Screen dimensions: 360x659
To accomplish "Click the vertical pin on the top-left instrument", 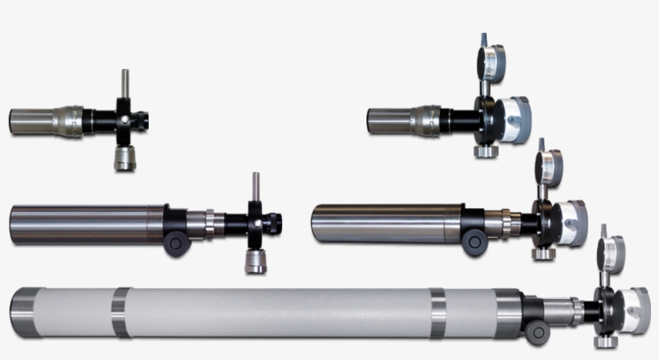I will [x=125, y=83].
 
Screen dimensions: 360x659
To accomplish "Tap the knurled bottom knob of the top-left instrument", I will [x=125, y=157].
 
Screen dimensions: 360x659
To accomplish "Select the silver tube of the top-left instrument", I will [x=32, y=121].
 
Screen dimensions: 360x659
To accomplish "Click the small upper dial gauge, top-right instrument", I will [x=491, y=59].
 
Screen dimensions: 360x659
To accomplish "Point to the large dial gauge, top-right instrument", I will [x=512, y=118].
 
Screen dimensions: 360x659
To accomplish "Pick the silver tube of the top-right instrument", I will [x=390, y=121].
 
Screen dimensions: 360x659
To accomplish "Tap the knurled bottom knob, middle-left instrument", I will [x=256, y=261].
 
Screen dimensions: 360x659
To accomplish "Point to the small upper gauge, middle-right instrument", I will [x=550, y=167].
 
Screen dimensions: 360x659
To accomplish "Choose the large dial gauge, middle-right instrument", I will [x=570, y=223].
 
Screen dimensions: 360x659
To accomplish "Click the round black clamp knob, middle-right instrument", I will [x=474, y=241].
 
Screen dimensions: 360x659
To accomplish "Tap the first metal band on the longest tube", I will [x=121, y=312].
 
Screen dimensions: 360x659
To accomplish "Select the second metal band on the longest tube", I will [x=438, y=313].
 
